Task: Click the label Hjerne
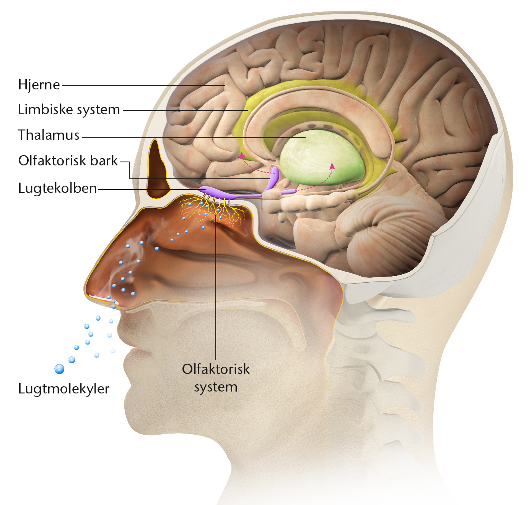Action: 39,84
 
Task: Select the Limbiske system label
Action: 69,110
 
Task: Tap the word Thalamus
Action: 49,135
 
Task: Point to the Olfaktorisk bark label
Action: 68,160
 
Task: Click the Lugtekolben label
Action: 57,188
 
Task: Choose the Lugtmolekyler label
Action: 63,388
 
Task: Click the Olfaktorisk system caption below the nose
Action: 216,378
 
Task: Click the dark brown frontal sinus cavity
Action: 157,172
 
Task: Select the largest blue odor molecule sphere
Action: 59,369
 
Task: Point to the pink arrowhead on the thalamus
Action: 332,166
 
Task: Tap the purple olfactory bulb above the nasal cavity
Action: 210,191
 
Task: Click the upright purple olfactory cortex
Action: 273,176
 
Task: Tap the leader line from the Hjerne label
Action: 142,85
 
